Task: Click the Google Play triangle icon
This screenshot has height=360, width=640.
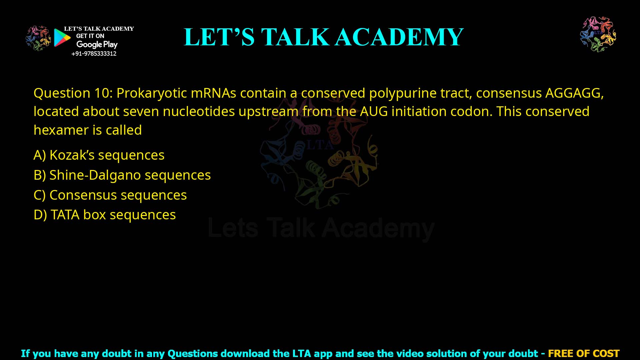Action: click(62, 38)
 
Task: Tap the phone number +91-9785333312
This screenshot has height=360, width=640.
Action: click(94, 54)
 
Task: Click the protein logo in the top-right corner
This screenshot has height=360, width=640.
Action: click(598, 34)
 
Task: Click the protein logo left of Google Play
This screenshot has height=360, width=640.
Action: click(38, 38)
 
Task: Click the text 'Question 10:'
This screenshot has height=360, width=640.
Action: click(73, 93)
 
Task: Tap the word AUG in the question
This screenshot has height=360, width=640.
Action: click(374, 112)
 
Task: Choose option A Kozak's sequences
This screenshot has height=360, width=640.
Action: click(99, 155)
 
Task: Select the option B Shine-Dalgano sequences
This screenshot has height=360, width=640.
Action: click(122, 175)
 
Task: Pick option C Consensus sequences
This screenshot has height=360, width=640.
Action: click(110, 195)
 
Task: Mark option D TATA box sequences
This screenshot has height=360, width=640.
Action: click(105, 215)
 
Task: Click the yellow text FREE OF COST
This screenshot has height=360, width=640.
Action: click(583, 353)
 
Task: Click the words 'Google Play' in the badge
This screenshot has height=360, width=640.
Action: click(97, 44)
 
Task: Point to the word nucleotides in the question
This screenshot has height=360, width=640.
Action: click(199, 112)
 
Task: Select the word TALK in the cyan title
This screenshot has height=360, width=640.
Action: click(295, 37)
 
